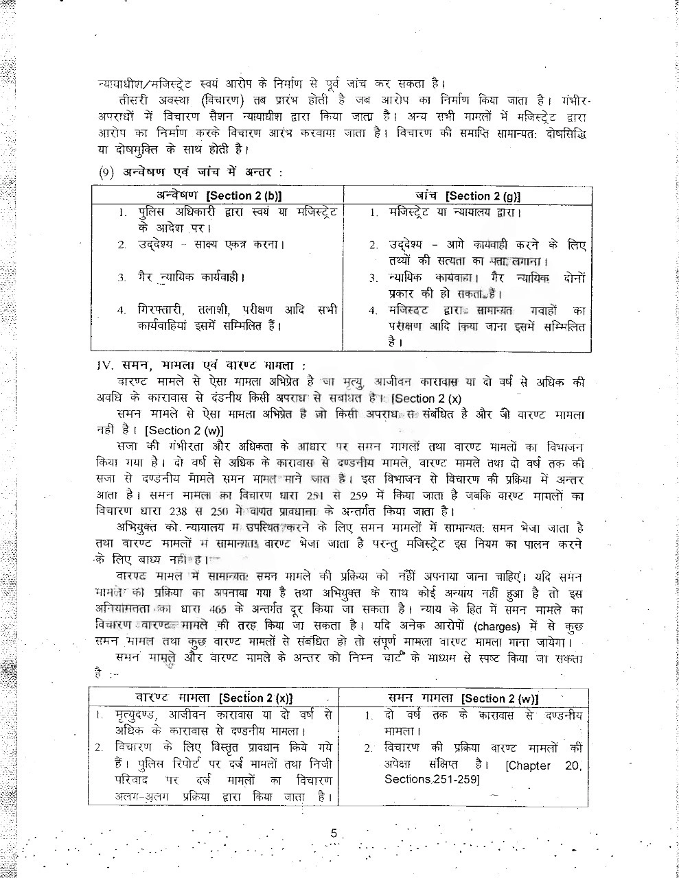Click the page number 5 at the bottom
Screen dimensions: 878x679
tap(334, 833)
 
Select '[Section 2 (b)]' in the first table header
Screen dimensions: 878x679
tap(244, 195)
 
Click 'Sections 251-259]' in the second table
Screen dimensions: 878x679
tap(432, 779)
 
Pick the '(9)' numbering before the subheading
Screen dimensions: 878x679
tap(106, 172)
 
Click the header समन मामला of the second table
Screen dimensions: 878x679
tap(420, 698)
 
